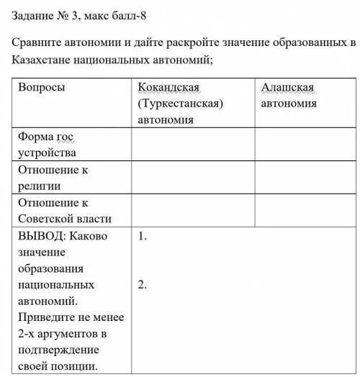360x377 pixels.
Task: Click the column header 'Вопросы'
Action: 42,87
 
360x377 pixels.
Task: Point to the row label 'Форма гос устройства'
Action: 48,144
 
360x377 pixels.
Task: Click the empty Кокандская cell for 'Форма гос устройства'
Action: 192,144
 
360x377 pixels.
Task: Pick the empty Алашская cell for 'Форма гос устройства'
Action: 305,144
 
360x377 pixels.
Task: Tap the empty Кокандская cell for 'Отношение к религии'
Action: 192,177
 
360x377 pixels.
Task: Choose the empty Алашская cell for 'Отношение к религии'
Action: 305,177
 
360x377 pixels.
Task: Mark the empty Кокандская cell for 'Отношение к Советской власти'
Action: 192,210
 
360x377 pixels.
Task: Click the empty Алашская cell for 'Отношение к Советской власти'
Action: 305,210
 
